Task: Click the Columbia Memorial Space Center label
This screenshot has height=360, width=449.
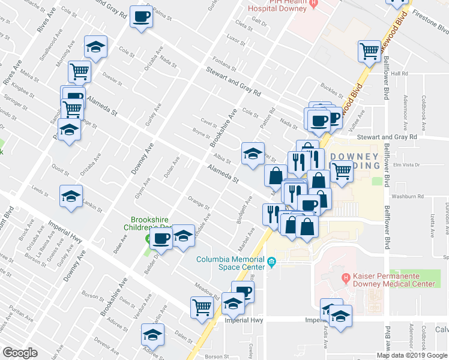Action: (x=231, y=262)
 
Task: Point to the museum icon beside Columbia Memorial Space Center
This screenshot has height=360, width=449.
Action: (x=272, y=262)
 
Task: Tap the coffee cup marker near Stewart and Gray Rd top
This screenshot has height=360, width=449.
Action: (x=142, y=16)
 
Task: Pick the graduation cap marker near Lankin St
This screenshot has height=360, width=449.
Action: (x=71, y=196)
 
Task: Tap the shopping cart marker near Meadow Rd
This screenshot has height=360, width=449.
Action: (x=202, y=307)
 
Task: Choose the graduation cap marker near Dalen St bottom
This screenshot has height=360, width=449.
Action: (x=152, y=334)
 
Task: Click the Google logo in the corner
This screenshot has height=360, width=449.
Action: (x=20, y=353)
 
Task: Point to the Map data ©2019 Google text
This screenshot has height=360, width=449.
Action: (x=412, y=355)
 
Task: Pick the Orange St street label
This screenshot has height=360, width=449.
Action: (x=197, y=203)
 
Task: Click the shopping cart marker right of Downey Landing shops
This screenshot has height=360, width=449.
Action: (x=342, y=170)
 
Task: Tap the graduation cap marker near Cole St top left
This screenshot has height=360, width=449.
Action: (x=95, y=47)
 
